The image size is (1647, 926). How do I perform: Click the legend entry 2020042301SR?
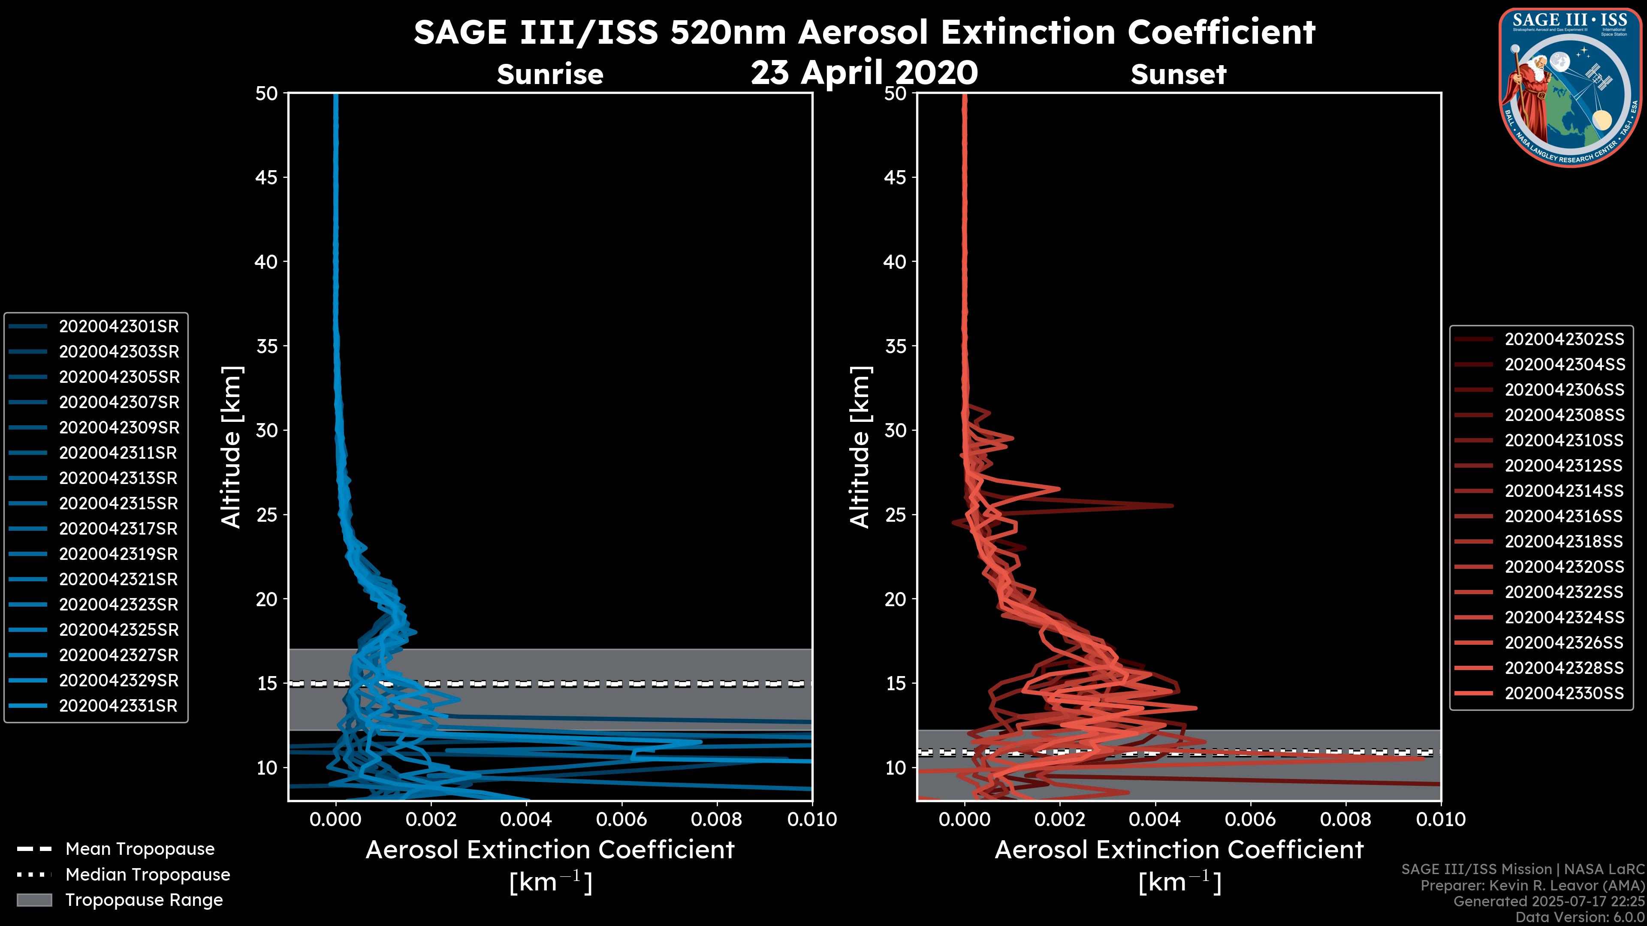coord(118,327)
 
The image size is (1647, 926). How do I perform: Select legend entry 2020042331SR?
coord(118,706)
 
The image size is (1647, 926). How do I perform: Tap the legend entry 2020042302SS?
coord(1564,340)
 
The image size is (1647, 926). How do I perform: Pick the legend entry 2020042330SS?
coord(1564,693)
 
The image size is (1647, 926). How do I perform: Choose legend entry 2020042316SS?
coord(1564,516)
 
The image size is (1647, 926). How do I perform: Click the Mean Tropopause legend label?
coord(140,849)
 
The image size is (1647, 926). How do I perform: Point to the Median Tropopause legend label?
coord(148,875)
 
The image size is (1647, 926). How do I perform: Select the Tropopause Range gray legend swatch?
coord(34,900)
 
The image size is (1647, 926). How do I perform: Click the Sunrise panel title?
coord(550,75)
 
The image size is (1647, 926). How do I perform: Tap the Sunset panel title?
coord(1178,75)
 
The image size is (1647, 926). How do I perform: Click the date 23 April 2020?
coord(864,72)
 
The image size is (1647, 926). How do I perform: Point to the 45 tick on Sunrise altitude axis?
coord(267,177)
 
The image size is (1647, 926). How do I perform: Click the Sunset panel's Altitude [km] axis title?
coord(860,447)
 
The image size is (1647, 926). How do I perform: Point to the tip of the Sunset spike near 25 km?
coord(1172,505)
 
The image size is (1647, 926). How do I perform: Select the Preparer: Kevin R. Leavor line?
coord(1532,886)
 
